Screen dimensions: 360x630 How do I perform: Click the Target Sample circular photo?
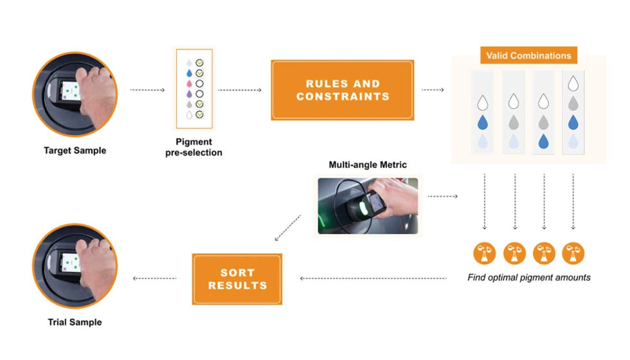[x=75, y=94]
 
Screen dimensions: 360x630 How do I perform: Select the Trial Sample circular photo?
[x=75, y=266]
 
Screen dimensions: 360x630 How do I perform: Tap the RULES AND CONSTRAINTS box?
[x=343, y=90]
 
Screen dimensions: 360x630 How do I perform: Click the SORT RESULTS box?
[x=237, y=279]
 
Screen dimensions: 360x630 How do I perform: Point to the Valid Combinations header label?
[x=528, y=56]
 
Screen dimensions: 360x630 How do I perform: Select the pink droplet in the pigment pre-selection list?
[x=188, y=84]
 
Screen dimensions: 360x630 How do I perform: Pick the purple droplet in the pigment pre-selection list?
[x=188, y=94]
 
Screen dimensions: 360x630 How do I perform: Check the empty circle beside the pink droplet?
[x=200, y=84]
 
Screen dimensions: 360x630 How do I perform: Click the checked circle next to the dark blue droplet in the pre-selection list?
[x=200, y=73]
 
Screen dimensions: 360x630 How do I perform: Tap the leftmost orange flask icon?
[x=484, y=253]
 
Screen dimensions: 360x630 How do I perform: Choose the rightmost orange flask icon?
[x=573, y=253]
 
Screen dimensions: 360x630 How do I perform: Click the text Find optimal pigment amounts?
[x=528, y=278]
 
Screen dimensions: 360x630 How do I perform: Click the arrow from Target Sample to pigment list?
[x=147, y=90]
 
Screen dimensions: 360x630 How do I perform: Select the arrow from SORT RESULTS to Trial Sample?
[x=155, y=278]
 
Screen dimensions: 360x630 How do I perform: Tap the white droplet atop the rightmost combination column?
[x=573, y=84]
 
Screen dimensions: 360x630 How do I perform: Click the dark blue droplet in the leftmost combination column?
[x=483, y=123]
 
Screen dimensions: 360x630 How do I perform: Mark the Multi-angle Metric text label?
[x=368, y=165]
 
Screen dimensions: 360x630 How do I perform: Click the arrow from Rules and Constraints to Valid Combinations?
[x=433, y=90]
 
